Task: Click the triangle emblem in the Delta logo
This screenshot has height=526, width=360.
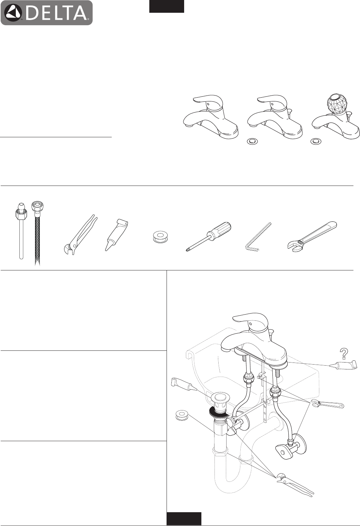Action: [x=13, y=13]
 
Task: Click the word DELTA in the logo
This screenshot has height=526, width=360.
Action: [x=56, y=13]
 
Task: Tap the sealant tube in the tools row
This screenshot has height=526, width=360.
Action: [x=117, y=235]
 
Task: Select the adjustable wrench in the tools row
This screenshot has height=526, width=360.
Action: [x=312, y=235]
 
